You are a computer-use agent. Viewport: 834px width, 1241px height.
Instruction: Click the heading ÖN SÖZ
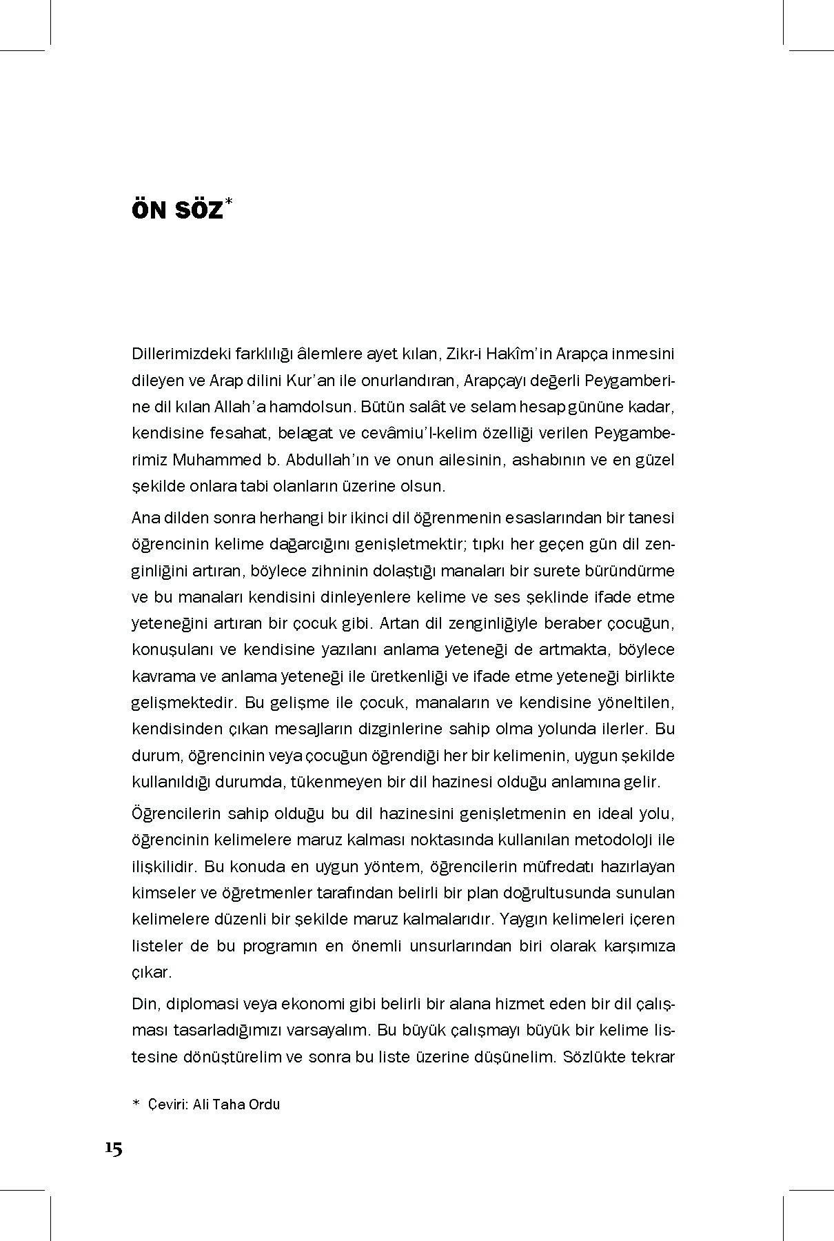177,211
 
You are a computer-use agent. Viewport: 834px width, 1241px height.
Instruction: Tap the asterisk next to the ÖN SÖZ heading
230,203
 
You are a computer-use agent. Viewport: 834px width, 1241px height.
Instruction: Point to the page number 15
114,1149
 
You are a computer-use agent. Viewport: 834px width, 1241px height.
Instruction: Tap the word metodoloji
593,840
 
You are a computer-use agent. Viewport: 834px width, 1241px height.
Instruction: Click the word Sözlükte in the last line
593,1057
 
